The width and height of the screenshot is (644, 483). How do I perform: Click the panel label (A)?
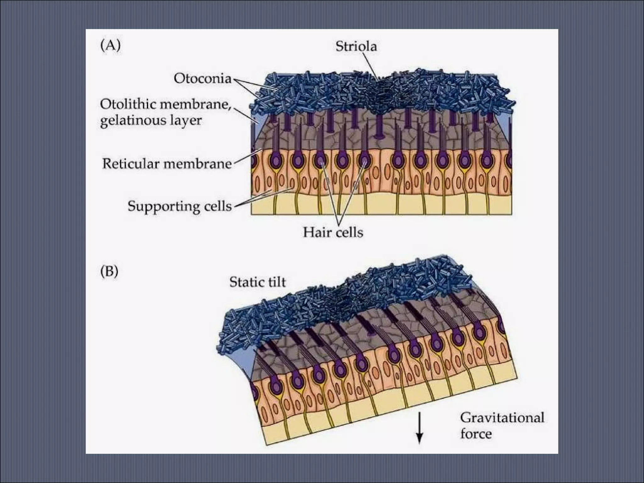[110, 46]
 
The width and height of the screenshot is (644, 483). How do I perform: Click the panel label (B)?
[109, 271]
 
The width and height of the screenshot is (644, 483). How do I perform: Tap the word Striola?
[356, 47]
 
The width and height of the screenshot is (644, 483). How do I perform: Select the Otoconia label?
[203, 78]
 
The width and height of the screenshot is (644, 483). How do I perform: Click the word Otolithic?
[130, 104]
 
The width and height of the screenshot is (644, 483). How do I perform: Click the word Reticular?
[130, 164]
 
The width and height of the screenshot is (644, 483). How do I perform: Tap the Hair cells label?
[333, 232]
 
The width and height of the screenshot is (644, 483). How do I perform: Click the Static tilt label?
[258, 282]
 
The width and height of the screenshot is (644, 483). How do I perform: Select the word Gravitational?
[502, 418]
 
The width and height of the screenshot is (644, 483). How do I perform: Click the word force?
[476, 434]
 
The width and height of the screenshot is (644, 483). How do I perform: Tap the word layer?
[186, 120]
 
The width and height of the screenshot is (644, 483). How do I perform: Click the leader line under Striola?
[371, 66]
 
